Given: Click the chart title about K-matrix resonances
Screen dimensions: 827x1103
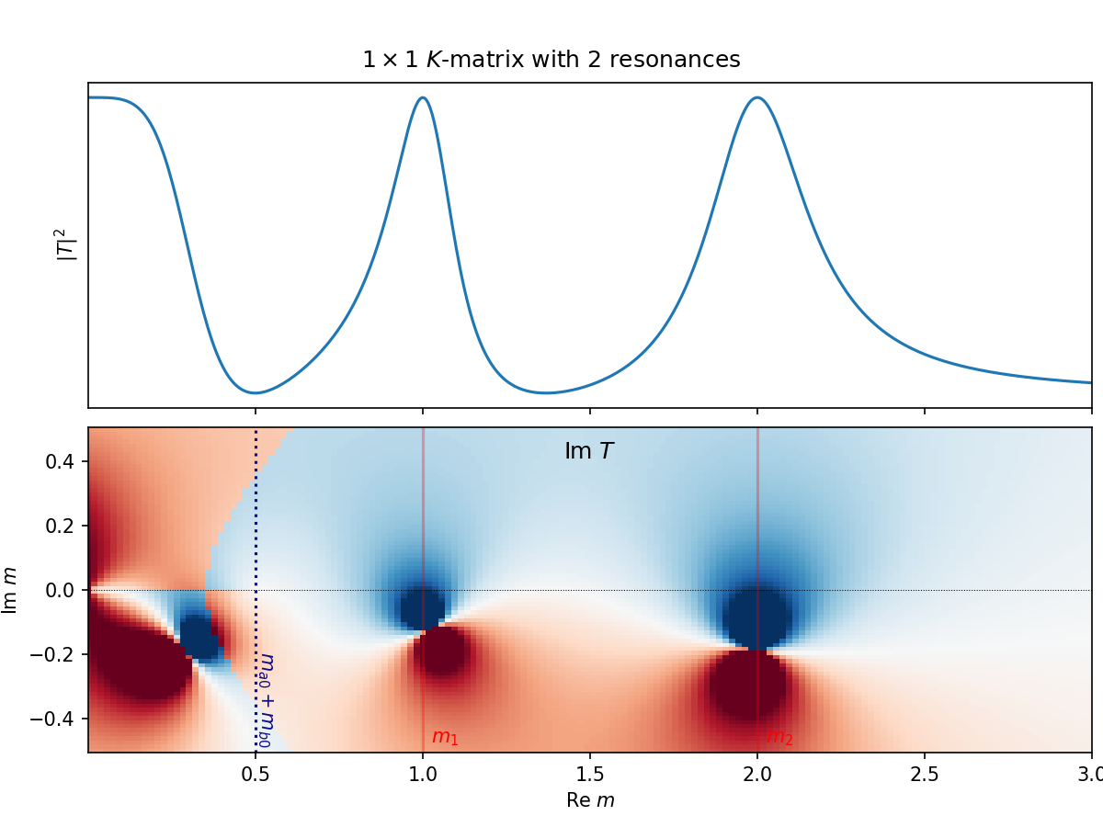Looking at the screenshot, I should [551, 61].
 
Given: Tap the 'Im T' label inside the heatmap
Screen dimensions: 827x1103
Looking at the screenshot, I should [588, 452].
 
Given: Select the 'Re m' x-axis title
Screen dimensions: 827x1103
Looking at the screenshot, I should [590, 800].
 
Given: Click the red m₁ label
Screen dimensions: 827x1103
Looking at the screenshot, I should [445, 737].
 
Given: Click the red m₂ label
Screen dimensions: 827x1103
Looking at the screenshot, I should [779, 737].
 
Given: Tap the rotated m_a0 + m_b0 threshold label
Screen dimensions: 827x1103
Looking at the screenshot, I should [267, 699].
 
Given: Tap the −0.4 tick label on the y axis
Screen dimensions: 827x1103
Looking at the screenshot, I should [57, 719].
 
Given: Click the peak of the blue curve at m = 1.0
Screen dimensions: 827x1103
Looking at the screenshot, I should [423, 97].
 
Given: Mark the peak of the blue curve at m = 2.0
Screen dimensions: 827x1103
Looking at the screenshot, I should [756, 97].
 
